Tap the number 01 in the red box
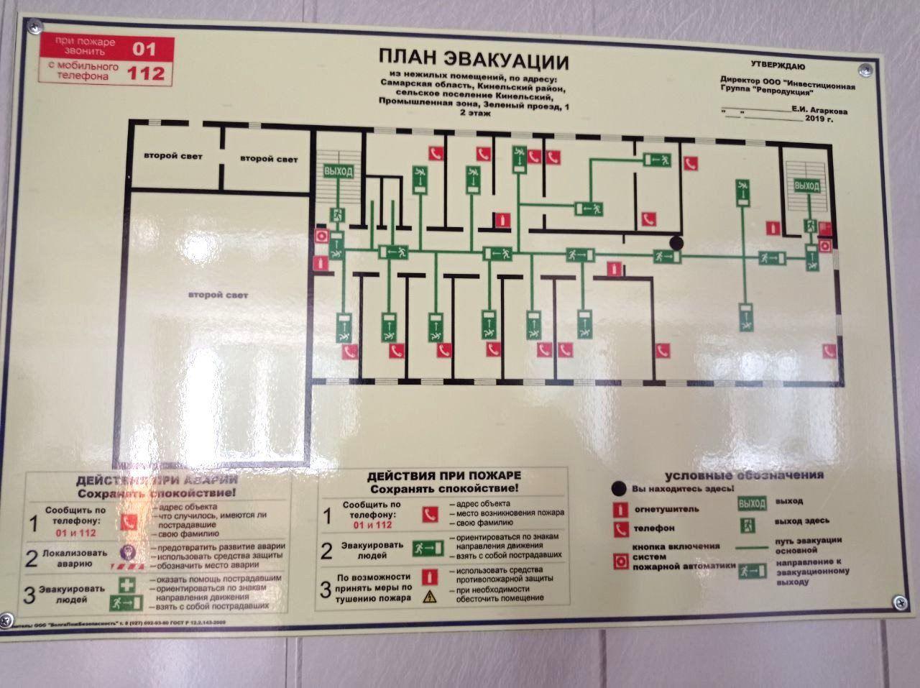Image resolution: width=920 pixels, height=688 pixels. tap(146, 48)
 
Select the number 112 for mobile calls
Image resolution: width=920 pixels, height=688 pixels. tap(146, 73)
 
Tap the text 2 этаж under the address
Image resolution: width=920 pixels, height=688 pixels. tap(474, 114)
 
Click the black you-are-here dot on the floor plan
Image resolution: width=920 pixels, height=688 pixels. tap(676, 243)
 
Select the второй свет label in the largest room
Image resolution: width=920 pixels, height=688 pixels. tap(218, 295)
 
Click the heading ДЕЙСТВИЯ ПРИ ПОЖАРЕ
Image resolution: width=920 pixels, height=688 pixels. tap(443, 476)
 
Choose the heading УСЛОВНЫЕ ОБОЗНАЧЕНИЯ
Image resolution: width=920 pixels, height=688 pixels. tap(744, 475)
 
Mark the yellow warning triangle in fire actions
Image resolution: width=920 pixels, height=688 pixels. tap(430, 596)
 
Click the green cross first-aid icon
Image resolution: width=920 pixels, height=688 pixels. tap(126, 584)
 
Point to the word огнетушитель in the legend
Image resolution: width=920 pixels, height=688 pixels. tap(656, 509)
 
